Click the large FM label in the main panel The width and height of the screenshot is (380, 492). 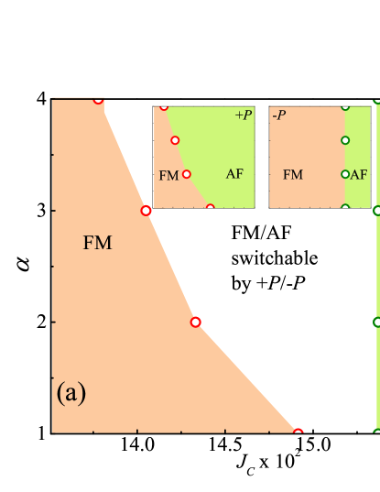point(97,243)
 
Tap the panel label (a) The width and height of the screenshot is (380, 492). point(71,393)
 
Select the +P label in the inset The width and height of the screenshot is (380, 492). point(243,115)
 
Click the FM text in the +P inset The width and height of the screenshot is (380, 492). point(168,174)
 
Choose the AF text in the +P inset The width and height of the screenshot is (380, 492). point(234,173)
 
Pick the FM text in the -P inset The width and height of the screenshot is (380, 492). point(292,173)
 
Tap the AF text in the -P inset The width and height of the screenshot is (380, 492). point(359,173)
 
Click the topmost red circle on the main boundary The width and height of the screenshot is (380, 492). point(99,99)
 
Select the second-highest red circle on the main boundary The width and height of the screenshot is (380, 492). point(146,211)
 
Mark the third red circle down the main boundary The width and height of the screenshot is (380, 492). point(195,322)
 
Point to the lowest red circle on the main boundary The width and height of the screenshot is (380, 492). point(298,432)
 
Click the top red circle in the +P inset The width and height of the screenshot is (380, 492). point(164,106)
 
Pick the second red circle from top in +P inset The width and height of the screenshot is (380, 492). point(175,140)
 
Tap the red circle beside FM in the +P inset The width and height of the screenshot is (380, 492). point(187,174)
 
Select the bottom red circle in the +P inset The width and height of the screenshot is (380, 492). point(210,208)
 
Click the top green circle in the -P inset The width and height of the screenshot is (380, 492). point(345,106)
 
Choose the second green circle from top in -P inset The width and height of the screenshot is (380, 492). point(345,140)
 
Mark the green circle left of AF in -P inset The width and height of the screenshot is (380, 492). point(345,174)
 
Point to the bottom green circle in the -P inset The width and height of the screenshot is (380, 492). point(345,208)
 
